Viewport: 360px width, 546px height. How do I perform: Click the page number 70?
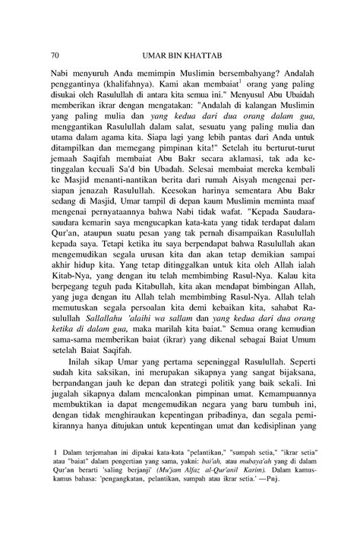point(55,55)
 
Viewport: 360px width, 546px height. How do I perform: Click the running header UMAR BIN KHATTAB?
point(179,55)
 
